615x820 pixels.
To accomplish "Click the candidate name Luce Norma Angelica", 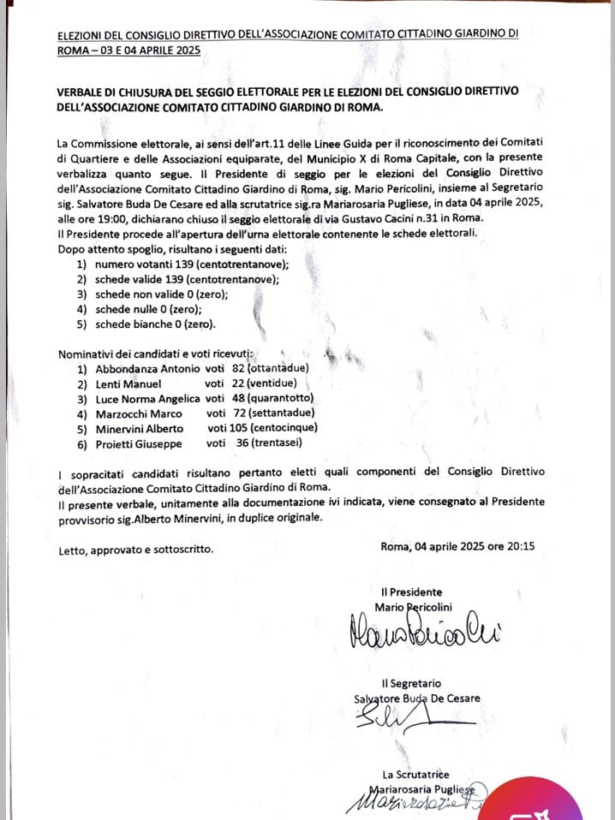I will pyautogui.click(x=147, y=399).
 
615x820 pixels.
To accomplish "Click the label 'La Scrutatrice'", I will pyautogui.click(x=416, y=774).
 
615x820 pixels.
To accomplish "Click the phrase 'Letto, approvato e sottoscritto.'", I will pyautogui.click(x=135, y=550).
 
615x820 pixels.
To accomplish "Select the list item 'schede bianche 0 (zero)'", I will pyautogui.click(x=154, y=324).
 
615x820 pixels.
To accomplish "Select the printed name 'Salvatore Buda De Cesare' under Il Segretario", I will pyautogui.click(x=417, y=698).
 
